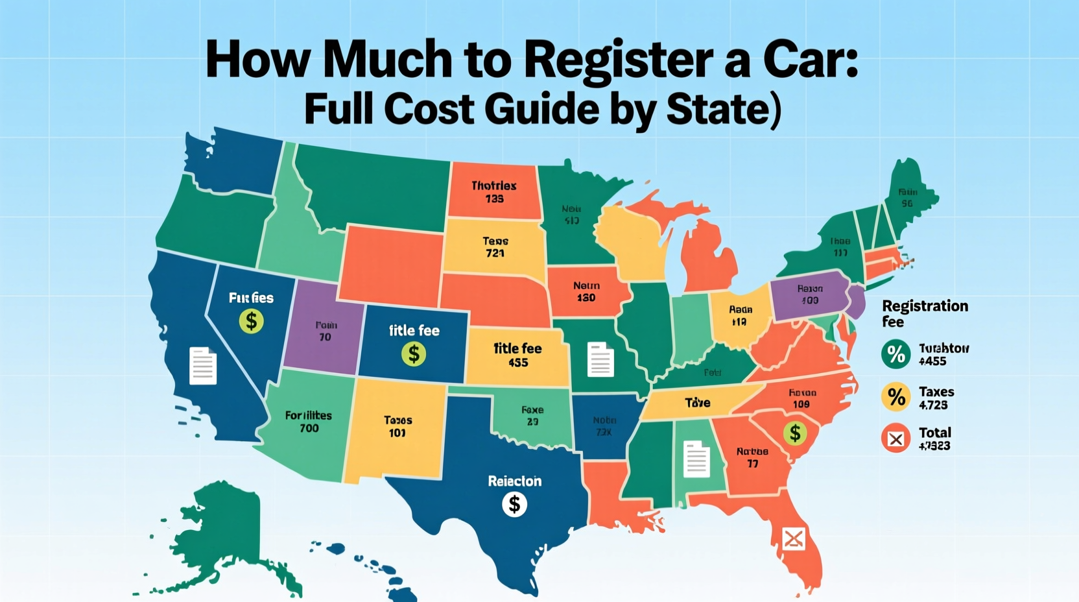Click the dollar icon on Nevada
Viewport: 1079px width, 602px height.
click(251, 320)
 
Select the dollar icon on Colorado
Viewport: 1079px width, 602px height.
click(414, 354)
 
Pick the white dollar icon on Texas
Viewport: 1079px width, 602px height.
click(514, 504)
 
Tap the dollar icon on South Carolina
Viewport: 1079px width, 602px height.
click(794, 433)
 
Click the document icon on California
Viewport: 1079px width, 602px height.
click(203, 366)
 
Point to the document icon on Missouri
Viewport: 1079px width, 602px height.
click(600, 359)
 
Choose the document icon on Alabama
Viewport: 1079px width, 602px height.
click(696, 459)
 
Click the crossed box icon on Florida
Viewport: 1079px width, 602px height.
click(794, 538)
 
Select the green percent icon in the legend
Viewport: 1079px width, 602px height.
click(896, 354)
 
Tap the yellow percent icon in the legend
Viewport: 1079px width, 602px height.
click(896, 396)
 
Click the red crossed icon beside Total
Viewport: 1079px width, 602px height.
click(896, 439)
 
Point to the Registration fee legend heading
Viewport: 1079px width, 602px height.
click(925, 313)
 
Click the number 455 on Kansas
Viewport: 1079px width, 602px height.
click(518, 363)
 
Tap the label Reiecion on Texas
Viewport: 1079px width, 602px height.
click(514, 481)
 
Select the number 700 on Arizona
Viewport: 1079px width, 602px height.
click(309, 428)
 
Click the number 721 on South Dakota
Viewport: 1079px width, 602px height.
click(495, 253)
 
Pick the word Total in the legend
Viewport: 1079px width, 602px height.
click(935, 433)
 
